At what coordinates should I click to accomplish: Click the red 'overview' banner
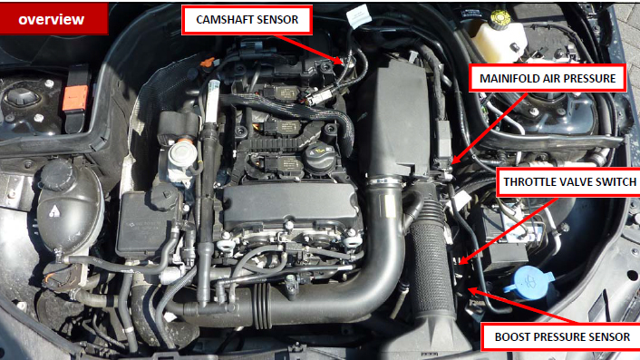pyautogui.click(x=53, y=18)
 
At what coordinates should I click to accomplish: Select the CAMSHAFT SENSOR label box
pyautogui.click(x=247, y=20)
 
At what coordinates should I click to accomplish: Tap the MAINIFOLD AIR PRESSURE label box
pyautogui.click(x=548, y=78)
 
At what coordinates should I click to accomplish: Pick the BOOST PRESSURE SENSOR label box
pyautogui.click(x=561, y=336)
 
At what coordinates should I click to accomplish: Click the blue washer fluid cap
pyautogui.click(x=529, y=280)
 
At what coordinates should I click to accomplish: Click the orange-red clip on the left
pyautogui.click(x=74, y=98)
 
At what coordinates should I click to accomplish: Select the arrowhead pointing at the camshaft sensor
pyautogui.click(x=338, y=61)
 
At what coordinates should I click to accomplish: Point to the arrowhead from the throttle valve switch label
pyautogui.click(x=464, y=259)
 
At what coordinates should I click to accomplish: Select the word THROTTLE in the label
pyautogui.click(x=526, y=181)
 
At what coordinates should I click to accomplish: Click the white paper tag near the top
pyautogui.click(x=359, y=16)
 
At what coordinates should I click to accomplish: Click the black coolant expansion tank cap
pyautogui.click(x=56, y=175)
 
